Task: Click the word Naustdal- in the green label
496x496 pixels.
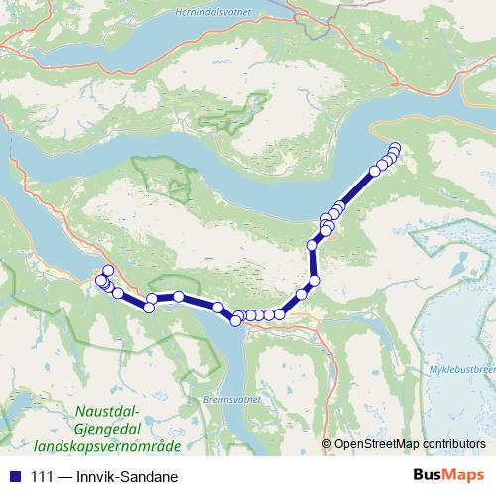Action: (x=110, y=410)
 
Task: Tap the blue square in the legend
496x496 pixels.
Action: (x=13, y=476)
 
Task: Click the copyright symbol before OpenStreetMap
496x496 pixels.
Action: (x=327, y=444)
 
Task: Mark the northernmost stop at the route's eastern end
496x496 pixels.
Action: (x=395, y=149)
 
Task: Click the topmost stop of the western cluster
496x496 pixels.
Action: (x=108, y=271)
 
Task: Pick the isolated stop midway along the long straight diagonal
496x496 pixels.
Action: (x=374, y=172)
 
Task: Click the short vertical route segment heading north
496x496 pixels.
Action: (x=313, y=263)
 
